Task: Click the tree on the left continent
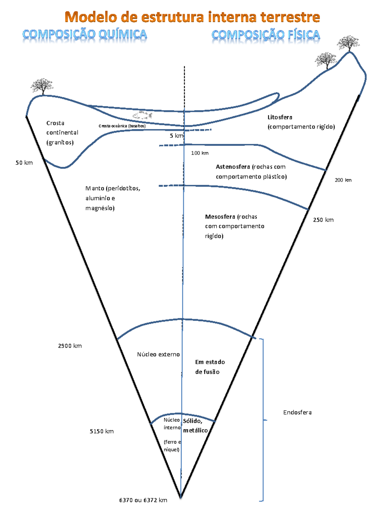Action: click(42, 86)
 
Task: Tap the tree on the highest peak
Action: click(348, 43)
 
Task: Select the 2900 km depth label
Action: click(70, 346)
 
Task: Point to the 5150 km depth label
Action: click(102, 431)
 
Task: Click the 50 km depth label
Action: click(24, 163)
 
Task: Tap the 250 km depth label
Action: click(323, 220)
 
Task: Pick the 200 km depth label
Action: click(343, 180)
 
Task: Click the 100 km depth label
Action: click(200, 153)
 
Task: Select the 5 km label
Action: click(176, 136)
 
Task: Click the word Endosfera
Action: click(297, 412)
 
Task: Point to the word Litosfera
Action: click(280, 117)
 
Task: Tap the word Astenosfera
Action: click(233, 167)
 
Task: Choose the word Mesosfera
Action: click(220, 217)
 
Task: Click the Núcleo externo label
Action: click(158, 354)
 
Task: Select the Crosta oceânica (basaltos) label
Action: click(122, 126)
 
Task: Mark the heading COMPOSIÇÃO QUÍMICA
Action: click(85, 34)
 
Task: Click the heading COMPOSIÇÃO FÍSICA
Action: click(266, 35)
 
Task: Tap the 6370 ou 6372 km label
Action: click(143, 500)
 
